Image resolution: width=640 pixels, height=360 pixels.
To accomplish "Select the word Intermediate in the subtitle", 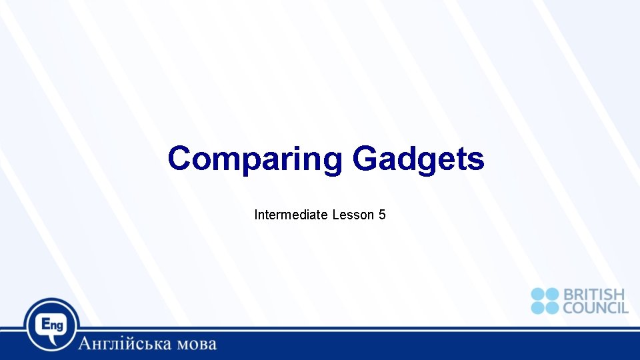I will point(291,215).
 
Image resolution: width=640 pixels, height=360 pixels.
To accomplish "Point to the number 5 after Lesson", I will point(382,215).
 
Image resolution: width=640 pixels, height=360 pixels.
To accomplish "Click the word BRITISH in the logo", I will point(595,295).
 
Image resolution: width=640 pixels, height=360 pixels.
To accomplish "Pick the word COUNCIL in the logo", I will point(595,308).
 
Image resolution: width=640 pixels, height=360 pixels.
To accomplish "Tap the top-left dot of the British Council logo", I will point(538,295).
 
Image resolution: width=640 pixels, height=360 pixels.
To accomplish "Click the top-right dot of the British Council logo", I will point(552,295).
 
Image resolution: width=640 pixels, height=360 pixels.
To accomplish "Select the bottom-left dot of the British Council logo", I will point(538,307).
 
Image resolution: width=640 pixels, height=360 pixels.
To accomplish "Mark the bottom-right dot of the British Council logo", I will point(552,307).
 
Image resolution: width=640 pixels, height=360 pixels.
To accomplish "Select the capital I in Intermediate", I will point(256,215).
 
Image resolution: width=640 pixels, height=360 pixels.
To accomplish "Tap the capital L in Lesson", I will point(335,215).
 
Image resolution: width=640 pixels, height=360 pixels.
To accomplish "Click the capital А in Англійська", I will point(85,344).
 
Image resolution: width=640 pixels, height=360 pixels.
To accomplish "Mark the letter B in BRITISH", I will point(568,295).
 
